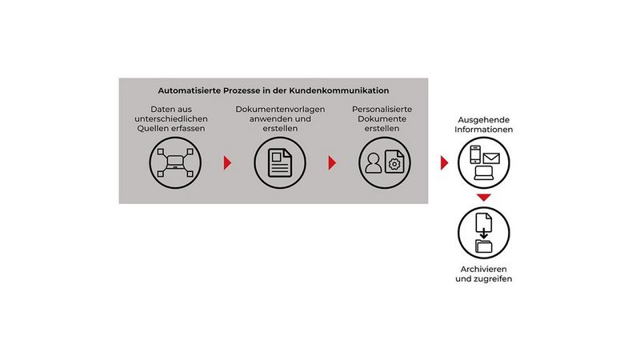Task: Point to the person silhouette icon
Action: [x=372, y=163]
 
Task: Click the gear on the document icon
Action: [x=393, y=163]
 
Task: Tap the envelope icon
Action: [x=490, y=158]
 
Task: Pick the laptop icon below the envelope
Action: [x=484, y=172]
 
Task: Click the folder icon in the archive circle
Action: [x=484, y=245]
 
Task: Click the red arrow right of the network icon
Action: [x=227, y=163]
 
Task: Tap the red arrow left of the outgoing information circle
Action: [x=445, y=163]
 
